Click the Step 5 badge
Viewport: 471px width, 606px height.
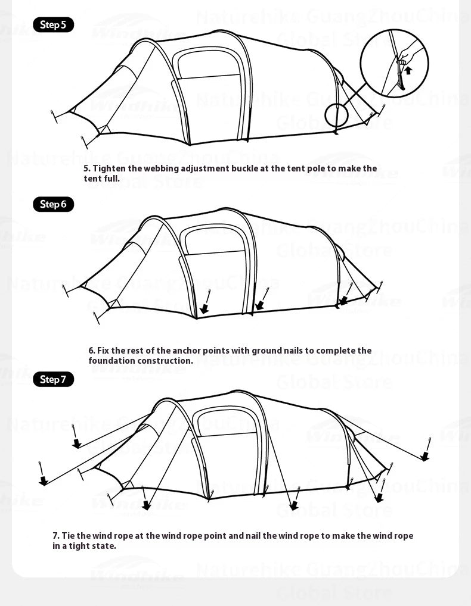[53, 25]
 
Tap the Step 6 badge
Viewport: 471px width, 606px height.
[53, 205]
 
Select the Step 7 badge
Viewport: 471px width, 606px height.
[53, 380]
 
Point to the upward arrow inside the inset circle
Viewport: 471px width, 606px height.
[408, 70]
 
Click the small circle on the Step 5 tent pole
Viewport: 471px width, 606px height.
[335, 114]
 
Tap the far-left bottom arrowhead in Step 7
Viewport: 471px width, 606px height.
[43, 481]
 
